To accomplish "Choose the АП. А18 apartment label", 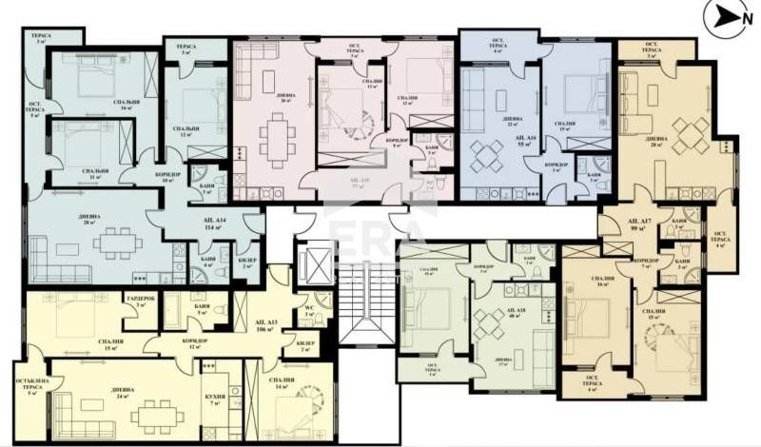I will pos(515,314).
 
